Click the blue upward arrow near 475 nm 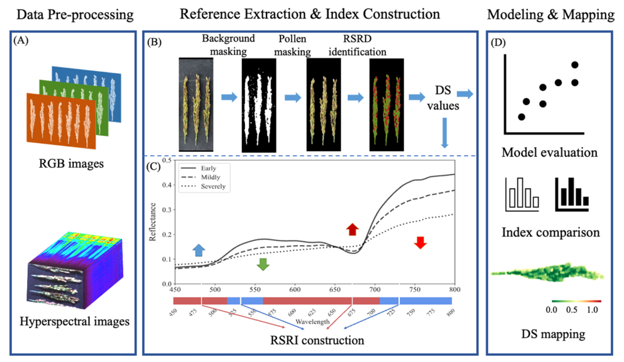[198, 250]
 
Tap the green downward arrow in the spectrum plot [263, 264]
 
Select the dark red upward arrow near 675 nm [351, 229]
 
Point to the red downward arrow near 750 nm [420, 242]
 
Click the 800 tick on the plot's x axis [454, 289]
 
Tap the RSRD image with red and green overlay [386, 105]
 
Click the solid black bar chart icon [572, 193]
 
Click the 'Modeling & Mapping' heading [550, 14]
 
